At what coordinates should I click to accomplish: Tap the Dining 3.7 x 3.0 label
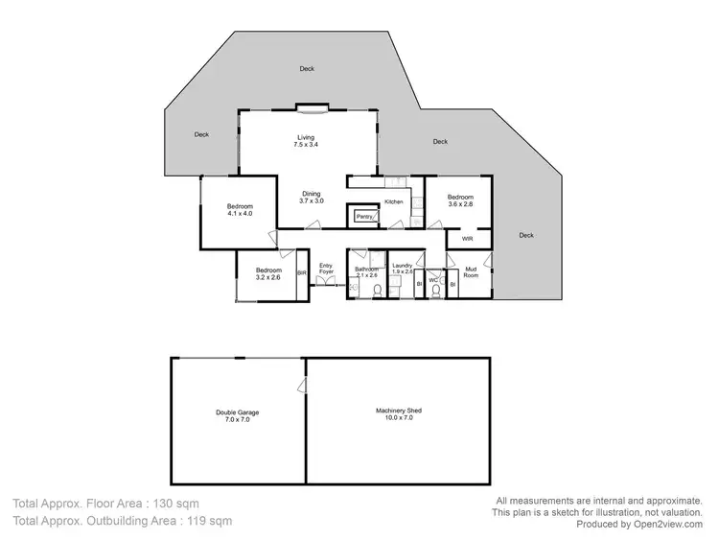click(x=311, y=198)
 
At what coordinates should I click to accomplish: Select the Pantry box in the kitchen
click(x=364, y=217)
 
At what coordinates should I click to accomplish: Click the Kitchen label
click(x=394, y=201)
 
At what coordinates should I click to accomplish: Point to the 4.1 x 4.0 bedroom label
click(x=239, y=210)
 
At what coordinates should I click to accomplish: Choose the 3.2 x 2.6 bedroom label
click(x=267, y=273)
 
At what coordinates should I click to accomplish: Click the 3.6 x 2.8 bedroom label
click(x=460, y=200)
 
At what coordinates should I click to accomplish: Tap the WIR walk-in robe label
click(x=468, y=238)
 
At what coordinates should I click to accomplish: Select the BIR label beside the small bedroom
click(x=302, y=273)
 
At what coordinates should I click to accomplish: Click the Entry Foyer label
click(x=326, y=270)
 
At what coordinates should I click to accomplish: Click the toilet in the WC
click(x=435, y=291)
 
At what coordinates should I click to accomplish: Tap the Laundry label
click(x=403, y=269)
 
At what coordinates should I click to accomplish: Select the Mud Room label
click(x=472, y=273)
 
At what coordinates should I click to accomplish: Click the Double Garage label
click(x=237, y=416)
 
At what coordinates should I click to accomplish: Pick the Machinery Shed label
click(x=399, y=413)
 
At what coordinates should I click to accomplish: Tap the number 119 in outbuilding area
click(x=194, y=521)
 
